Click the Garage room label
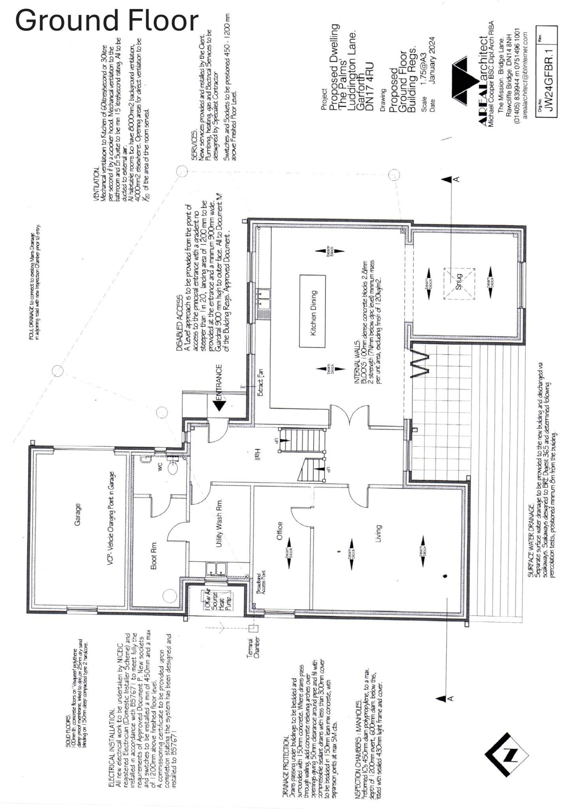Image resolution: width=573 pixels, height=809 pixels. point(77,514)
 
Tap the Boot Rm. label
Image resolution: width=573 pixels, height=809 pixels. point(154,555)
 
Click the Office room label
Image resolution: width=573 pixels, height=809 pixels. point(279,531)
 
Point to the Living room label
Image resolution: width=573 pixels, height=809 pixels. point(378,533)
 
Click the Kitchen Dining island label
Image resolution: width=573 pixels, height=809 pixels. point(313,313)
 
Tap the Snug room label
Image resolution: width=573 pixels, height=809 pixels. point(458,282)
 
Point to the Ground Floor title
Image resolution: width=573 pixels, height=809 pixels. point(107,21)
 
